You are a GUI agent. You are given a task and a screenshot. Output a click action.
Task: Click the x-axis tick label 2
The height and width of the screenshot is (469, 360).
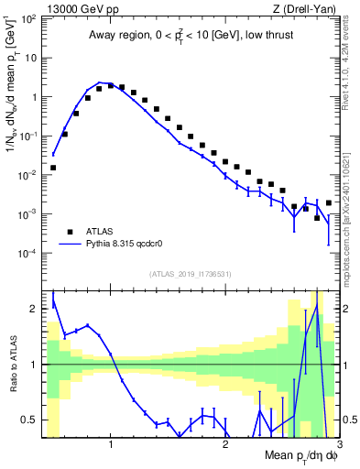click(225, 444)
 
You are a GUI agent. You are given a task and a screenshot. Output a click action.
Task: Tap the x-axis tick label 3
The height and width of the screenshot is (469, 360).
click(339, 444)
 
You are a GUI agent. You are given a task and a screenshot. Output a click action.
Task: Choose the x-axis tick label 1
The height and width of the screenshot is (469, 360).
click(111, 444)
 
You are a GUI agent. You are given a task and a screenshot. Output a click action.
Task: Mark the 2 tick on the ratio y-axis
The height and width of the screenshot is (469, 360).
click(35, 309)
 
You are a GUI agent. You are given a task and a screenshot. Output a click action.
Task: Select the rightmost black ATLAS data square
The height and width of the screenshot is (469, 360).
click(329, 202)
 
